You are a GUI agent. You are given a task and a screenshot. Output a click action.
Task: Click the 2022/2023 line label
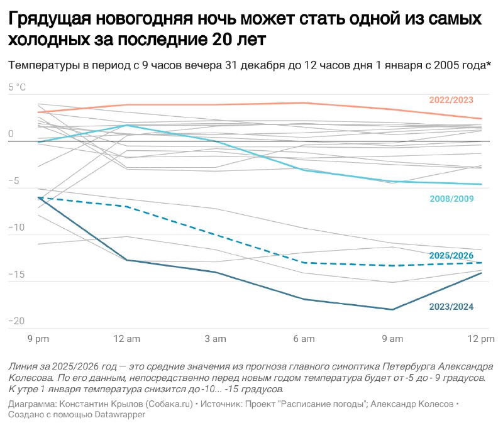point(451,100)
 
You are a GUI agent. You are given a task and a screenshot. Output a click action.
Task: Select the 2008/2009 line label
point(451,199)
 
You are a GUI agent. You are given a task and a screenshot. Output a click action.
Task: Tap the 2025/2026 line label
point(451,256)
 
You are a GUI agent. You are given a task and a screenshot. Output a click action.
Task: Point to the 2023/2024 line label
point(451,307)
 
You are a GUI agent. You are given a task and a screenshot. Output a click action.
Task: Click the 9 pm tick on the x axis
point(38,339)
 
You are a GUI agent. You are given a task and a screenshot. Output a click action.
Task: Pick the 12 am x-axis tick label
point(127,339)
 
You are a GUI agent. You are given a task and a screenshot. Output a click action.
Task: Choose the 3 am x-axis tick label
point(215,339)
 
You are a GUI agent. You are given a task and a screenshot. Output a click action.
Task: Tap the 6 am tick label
point(304,339)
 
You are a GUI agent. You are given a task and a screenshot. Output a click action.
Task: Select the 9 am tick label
point(392,339)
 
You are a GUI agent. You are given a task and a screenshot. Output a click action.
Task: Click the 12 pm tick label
point(481,339)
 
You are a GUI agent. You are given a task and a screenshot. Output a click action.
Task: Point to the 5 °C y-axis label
point(17,87)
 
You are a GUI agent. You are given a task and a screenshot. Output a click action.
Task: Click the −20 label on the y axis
point(16,321)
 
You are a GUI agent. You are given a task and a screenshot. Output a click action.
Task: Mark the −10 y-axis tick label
point(16,228)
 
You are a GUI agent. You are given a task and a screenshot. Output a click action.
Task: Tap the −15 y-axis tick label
point(16,275)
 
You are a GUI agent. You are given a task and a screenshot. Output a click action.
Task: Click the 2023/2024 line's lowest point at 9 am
point(392,310)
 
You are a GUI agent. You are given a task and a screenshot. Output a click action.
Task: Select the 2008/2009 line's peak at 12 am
point(127,125)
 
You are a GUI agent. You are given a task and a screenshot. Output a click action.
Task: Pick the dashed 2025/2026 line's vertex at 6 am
point(304,263)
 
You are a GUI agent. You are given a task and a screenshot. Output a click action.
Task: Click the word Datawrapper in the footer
point(120,415)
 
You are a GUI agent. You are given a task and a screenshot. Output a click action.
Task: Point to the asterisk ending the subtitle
point(489,64)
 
